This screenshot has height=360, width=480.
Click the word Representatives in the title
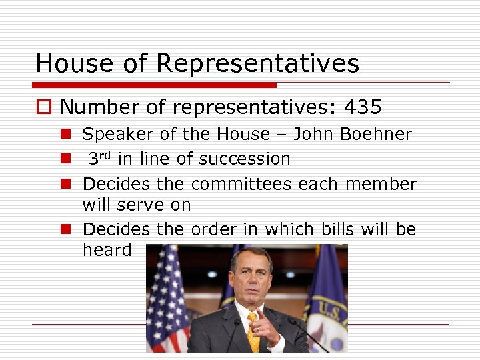(257, 64)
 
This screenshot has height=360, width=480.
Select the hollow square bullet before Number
(44, 107)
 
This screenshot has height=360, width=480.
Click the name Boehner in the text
(376, 134)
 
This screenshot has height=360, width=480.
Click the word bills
(338, 229)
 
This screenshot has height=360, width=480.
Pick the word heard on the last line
(107, 250)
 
